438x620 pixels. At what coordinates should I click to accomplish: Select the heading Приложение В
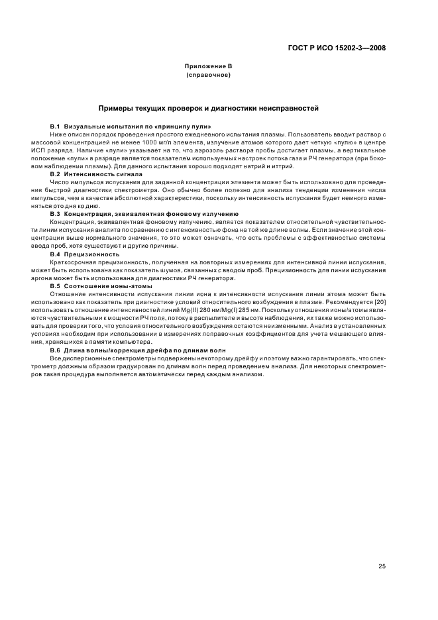pyautogui.click(x=208, y=67)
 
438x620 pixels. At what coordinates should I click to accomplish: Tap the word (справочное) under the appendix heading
pyautogui.click(x=208, y=76)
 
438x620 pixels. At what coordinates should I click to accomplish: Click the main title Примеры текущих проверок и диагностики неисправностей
pyautogui.click(x=209, y=107)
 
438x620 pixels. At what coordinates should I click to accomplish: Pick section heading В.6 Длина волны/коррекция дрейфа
pyautogui.click(x=138, y=350)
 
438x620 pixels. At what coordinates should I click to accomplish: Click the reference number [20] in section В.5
pyautogui.click(x=378, y=302)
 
